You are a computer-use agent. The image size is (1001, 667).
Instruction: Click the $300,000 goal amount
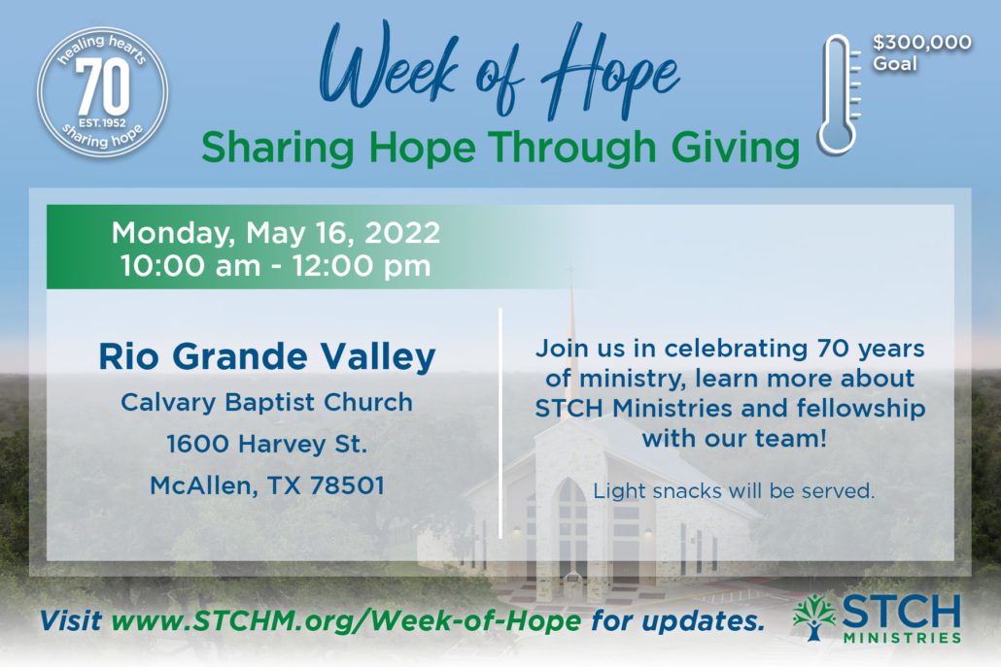pos(922,43)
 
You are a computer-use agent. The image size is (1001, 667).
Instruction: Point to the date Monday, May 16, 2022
pos(276,232)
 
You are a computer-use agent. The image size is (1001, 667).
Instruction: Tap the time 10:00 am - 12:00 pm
pos(276,266)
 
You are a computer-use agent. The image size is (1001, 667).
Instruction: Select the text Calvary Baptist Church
pos(267,402)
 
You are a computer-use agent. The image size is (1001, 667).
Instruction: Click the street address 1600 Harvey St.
pos(267,444)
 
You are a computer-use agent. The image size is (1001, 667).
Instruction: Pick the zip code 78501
pos(347,485)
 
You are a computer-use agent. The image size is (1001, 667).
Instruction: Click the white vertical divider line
pos(500,422)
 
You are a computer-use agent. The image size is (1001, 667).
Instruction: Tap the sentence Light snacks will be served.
pos(734,491)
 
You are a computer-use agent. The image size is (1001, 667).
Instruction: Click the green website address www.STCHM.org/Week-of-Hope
pos(346,619)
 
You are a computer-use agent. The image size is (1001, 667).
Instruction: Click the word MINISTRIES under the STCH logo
pos(902,637)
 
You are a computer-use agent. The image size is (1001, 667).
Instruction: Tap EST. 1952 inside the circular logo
pos(102,123)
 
